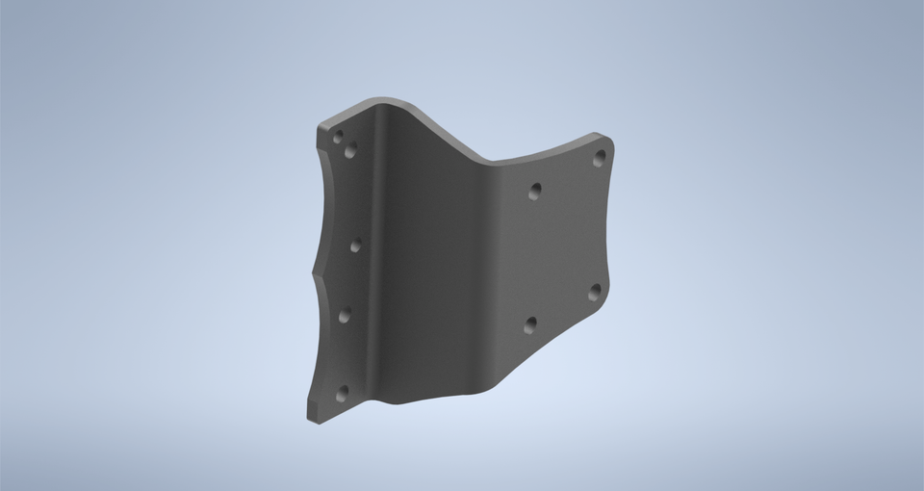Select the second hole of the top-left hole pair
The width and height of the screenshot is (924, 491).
click(350, 150)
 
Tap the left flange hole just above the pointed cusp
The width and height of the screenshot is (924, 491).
click(355, 245)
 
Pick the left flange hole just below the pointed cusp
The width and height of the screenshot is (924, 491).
click(345, 314)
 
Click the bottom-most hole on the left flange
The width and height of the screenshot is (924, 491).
click(342, 392)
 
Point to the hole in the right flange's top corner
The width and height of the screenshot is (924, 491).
click(599, 158)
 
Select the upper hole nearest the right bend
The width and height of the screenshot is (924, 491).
click(535, 191)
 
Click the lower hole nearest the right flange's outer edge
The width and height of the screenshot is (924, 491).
click(595, 291)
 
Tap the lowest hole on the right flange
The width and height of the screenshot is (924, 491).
click(530, 325)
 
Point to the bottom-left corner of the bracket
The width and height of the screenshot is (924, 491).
click(311, 416)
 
